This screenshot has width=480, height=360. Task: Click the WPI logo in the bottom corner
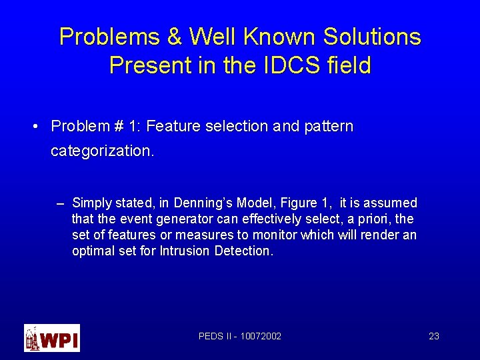tap(52, 337)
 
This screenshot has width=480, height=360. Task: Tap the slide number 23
tap(433, 336)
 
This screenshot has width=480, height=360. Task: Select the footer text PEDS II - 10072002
tap(240, 336)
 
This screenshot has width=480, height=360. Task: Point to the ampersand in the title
tap(175, 37)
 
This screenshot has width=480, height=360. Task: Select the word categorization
tap(102, 151)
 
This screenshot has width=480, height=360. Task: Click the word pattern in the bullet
tap(329, 126)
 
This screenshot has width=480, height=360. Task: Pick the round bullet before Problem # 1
tap(37, 126)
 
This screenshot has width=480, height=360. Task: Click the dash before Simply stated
tap(61, 203)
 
